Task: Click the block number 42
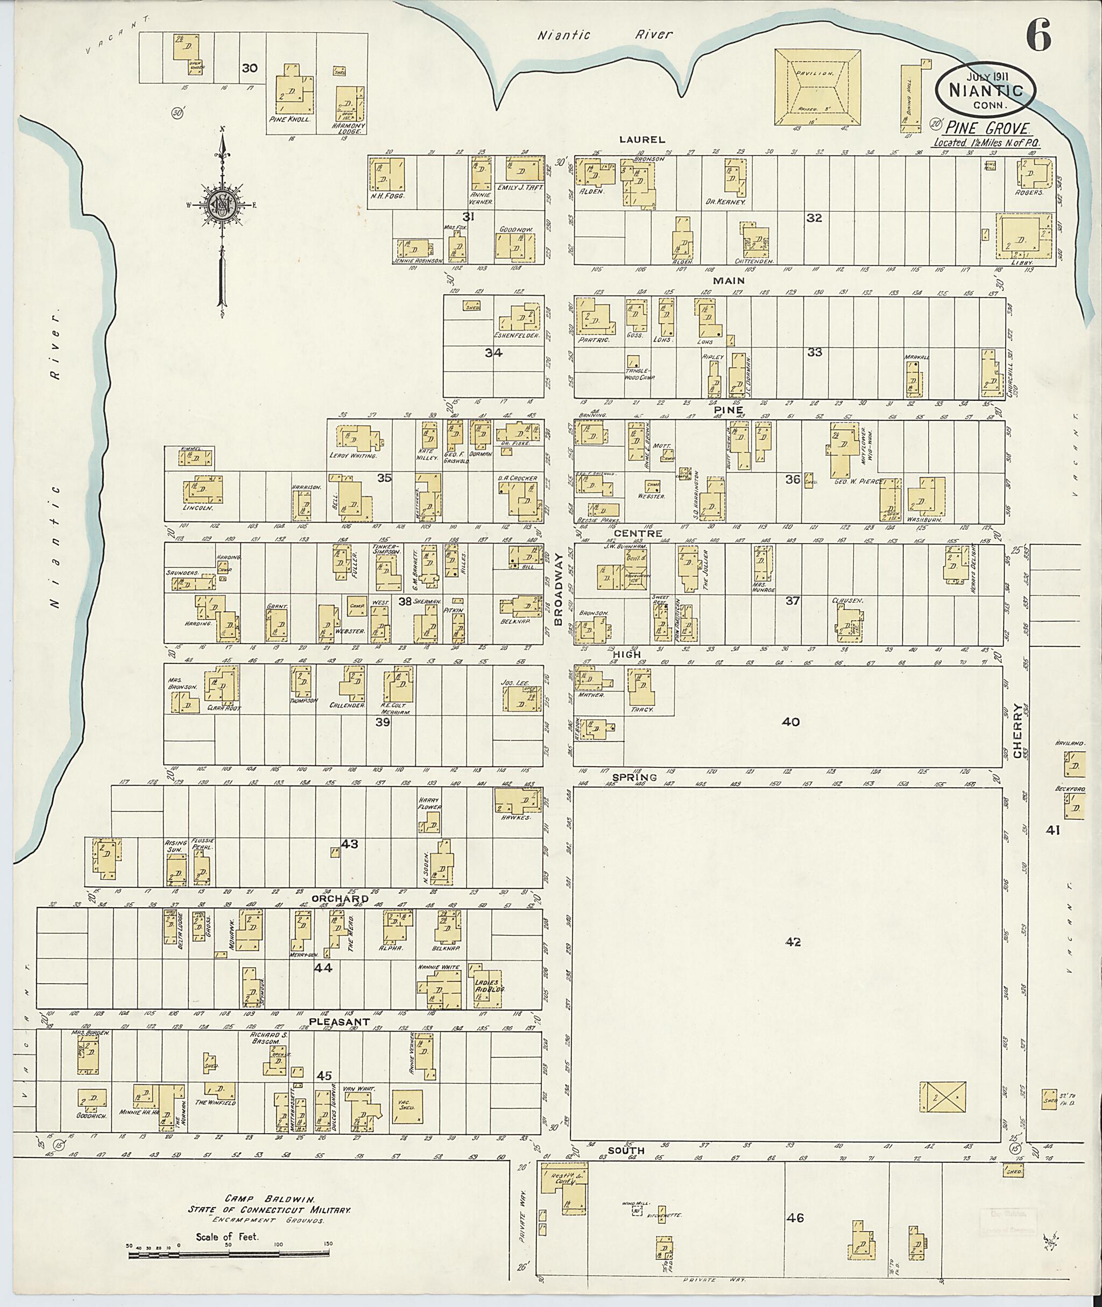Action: click(x=793, y=942)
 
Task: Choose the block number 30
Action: click(x=249, y=67)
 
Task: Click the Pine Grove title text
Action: click(x=986, y=129)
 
